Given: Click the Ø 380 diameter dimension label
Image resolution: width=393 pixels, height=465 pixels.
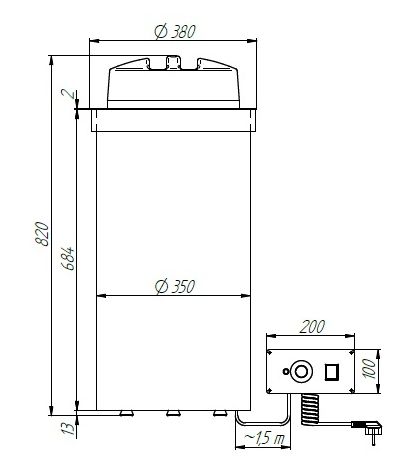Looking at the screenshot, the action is pos(175,32).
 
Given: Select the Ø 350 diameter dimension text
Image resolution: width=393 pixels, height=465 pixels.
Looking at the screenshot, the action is pos(175,287).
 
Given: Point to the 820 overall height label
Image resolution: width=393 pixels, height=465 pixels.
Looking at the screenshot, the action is pos(42,234).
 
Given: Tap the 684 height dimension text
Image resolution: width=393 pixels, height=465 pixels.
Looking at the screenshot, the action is pos(68,258).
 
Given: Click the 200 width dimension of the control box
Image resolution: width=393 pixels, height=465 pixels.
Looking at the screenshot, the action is pos(312,327).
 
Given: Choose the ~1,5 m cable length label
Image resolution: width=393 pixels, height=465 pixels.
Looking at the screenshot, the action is pos(264,438).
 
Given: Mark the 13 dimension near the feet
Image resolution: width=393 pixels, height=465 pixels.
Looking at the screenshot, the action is pos(68,428).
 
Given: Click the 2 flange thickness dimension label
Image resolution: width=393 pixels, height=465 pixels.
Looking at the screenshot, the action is pos(69,93).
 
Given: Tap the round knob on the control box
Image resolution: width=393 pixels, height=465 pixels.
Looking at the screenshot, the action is pos(301,371).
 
